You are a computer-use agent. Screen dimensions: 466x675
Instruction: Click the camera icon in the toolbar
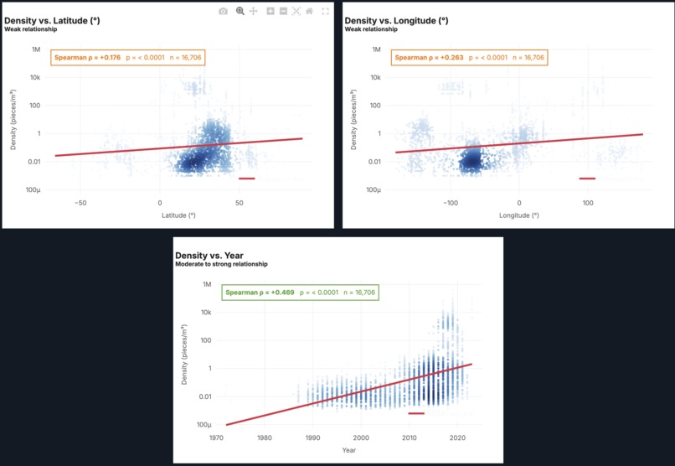(223, 11)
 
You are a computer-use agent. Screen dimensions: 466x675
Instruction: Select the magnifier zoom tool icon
(240, 11)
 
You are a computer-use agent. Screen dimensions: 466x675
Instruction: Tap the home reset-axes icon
(310, 11)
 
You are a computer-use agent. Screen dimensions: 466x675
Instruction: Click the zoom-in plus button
(271, 11)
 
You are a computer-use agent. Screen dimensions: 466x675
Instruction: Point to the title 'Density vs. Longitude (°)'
(396, 20)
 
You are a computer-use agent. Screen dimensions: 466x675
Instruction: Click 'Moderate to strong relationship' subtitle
(221, 264)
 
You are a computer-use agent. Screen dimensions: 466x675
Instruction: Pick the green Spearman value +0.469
(276, 293)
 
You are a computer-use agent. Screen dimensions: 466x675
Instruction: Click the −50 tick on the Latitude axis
(80, 203)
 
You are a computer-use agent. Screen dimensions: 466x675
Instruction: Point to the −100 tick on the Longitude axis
(450, 203)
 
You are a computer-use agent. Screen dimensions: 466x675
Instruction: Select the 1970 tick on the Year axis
(216, 438)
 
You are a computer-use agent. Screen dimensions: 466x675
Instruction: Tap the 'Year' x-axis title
(348, 451)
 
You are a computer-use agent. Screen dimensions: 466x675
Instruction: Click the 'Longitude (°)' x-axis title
(518, 215)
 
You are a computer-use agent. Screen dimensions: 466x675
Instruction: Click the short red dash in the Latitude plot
(246, 179)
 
